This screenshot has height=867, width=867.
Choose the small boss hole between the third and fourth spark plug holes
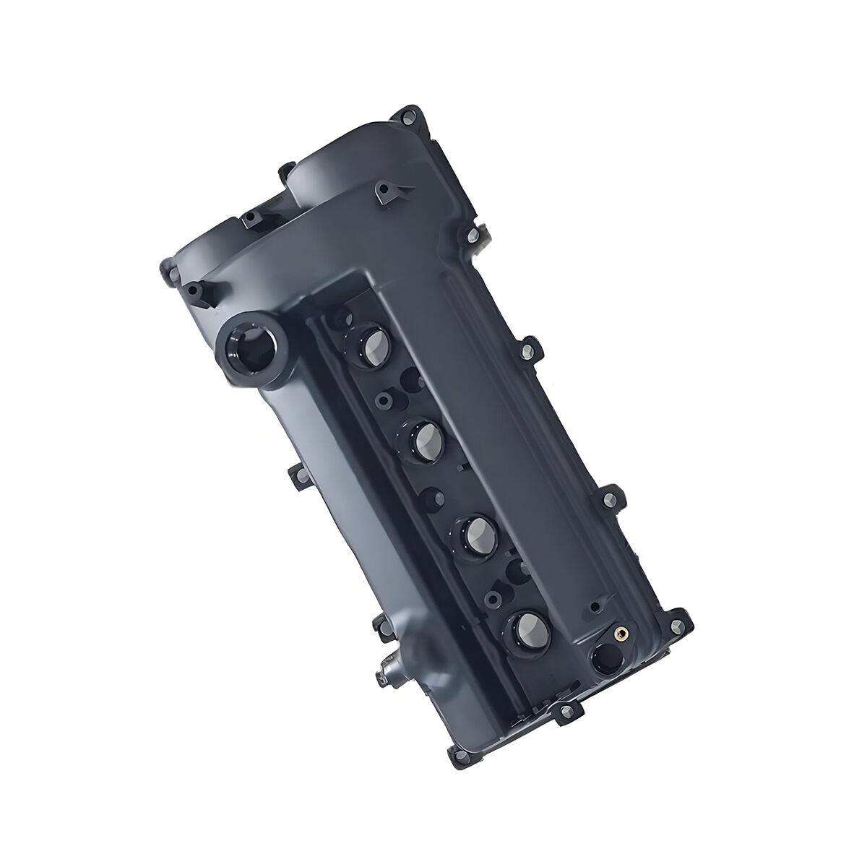[x=493, y=598]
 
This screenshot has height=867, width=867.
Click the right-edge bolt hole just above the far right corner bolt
[x=609, y=497]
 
